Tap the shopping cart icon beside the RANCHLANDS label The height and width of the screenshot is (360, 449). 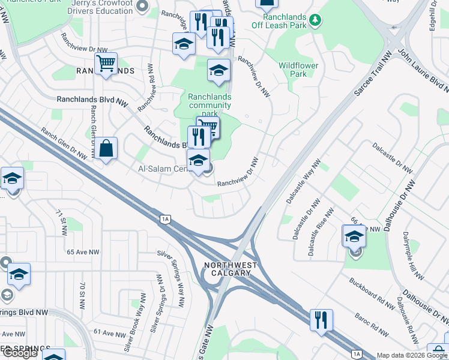pos(106,63)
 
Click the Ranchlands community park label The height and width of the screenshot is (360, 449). pos(209,105)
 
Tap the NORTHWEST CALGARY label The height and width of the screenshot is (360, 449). pos(231,269)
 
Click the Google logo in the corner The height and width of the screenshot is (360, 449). pos(20,353)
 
